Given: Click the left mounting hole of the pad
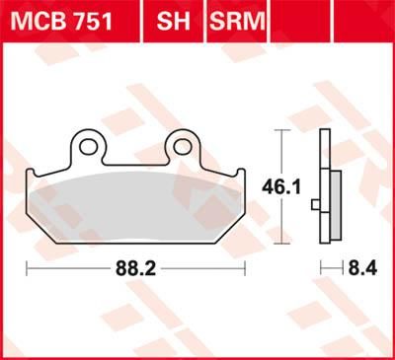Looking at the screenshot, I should click(x=88, y=147).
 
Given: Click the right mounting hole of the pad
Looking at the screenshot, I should click(x=184, y=147).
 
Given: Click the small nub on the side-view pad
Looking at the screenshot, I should click(x=314, y=205).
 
